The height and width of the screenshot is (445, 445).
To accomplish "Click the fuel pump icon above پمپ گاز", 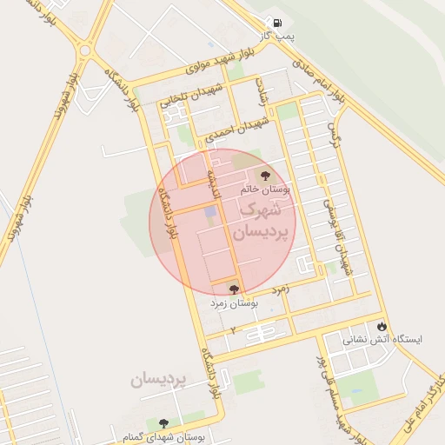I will [x=276, y=23].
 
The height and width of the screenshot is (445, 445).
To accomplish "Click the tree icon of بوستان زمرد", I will [x=233, y=289].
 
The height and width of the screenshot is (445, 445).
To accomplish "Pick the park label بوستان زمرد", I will [x=234, y=303].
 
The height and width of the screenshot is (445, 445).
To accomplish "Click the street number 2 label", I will [x=233, y=330].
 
